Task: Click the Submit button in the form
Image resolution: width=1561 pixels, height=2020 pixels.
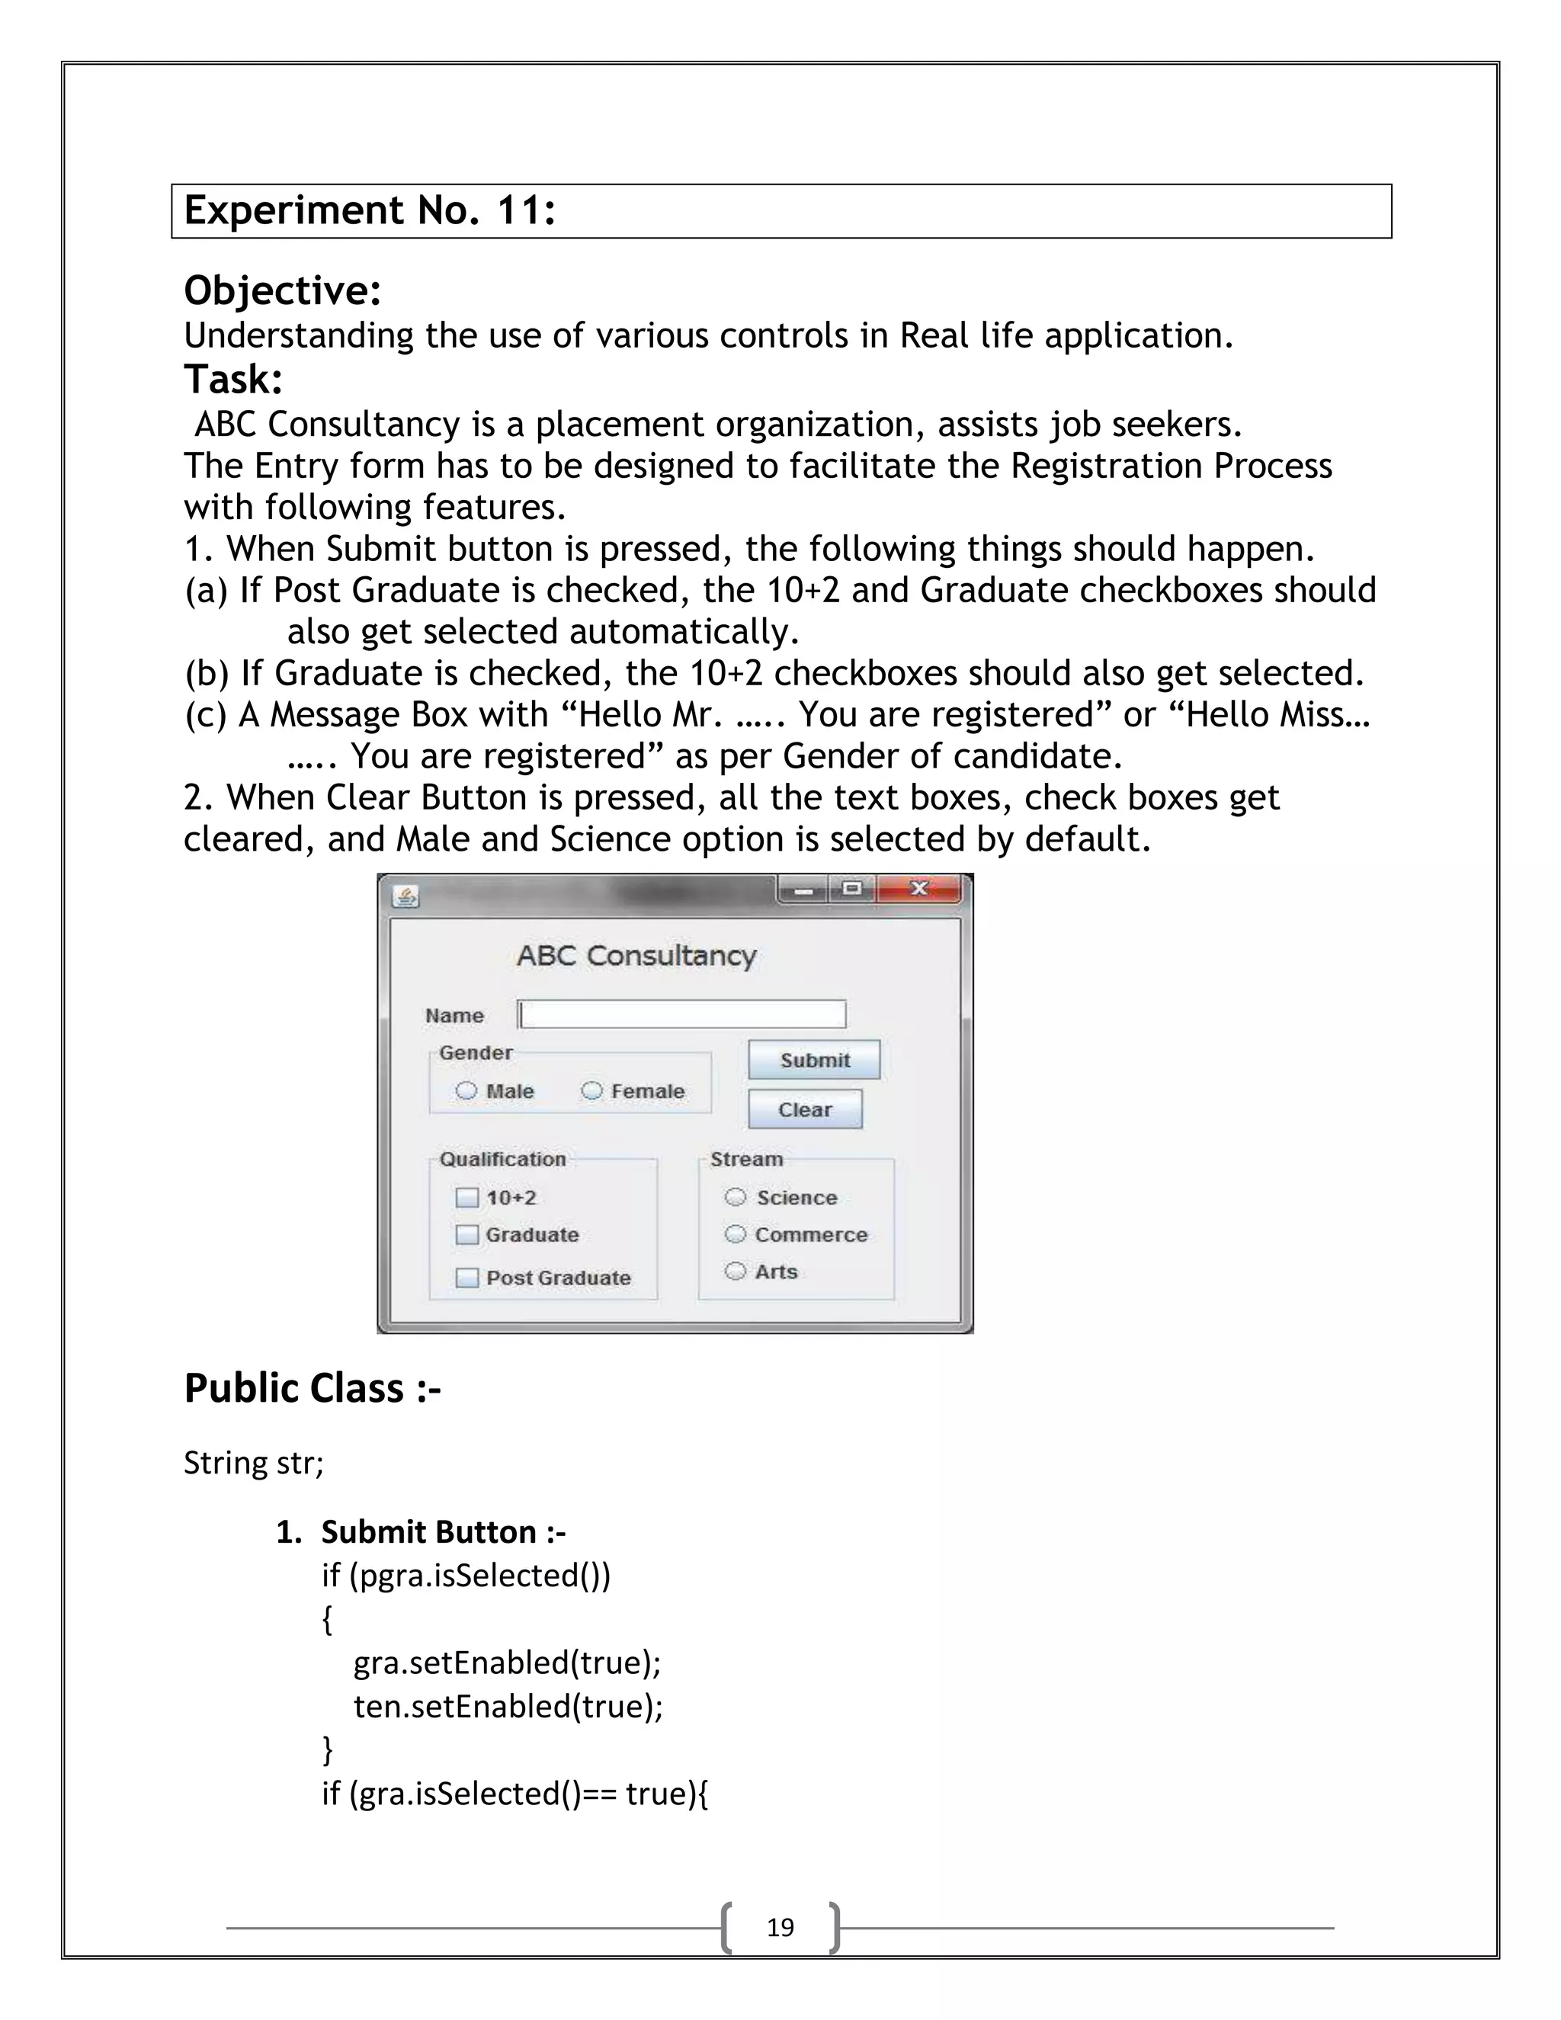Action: click(x=814, y=1060)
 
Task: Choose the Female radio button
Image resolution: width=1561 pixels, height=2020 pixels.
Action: click(x=591, y=1091)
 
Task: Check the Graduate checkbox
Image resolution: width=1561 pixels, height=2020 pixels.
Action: click(x=467, y=1235)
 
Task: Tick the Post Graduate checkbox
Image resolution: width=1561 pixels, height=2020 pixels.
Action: click(x=467, y=1278)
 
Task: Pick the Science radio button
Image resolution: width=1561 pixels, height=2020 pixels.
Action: click(x=736, y=1197)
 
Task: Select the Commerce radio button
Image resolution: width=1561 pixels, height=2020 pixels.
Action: click(x=736, y=1234)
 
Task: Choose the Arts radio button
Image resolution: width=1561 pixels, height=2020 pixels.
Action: click(x=736, y=1271)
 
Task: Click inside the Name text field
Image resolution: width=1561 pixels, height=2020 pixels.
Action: click(x=682, y=1015)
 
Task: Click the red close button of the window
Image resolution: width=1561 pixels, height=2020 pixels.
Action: click(x=919, y=889)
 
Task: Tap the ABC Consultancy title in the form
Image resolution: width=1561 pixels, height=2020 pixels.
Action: click(x=636, y=955)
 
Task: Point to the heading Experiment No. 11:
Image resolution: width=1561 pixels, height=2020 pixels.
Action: click(x=370, y=211)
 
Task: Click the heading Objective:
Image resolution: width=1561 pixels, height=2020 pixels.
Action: click(x=282, y=290)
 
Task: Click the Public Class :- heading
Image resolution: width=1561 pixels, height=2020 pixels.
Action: click(x=313, y=1388)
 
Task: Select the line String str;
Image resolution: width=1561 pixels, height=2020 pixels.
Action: click(x=253, y=1464)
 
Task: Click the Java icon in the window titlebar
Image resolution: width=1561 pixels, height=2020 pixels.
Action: click(x=406, y=896)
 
